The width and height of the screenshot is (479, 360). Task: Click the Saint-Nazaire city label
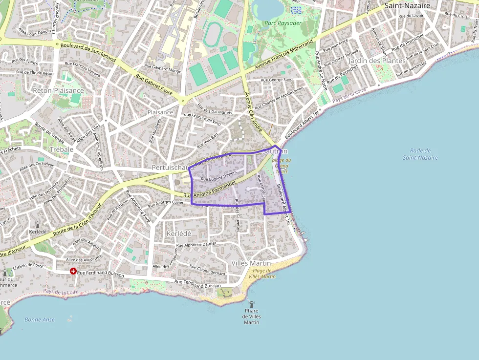[x=407, y=6]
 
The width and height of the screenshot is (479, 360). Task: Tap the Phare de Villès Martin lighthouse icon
[x=252, y=304]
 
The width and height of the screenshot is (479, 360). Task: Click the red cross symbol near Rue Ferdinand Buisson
[x=73, y=271]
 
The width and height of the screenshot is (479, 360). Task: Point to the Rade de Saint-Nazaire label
[x=420, y=154]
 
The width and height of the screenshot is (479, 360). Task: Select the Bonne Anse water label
[x=40, y=319]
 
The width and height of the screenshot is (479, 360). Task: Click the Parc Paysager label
[x=283, y=22]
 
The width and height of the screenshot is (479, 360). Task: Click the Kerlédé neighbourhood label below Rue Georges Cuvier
[x=178, y=233]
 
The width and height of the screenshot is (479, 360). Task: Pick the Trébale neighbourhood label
[x=61, y=149]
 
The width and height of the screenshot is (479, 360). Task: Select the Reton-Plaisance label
[x=58, y=90]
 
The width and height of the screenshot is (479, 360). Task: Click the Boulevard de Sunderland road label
[x=88, y=52]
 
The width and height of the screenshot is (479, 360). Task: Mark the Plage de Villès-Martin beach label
[x=261, y=274]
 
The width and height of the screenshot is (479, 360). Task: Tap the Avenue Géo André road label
[x=253, y=112]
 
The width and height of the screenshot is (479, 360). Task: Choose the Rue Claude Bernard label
[x=208, y=270]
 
